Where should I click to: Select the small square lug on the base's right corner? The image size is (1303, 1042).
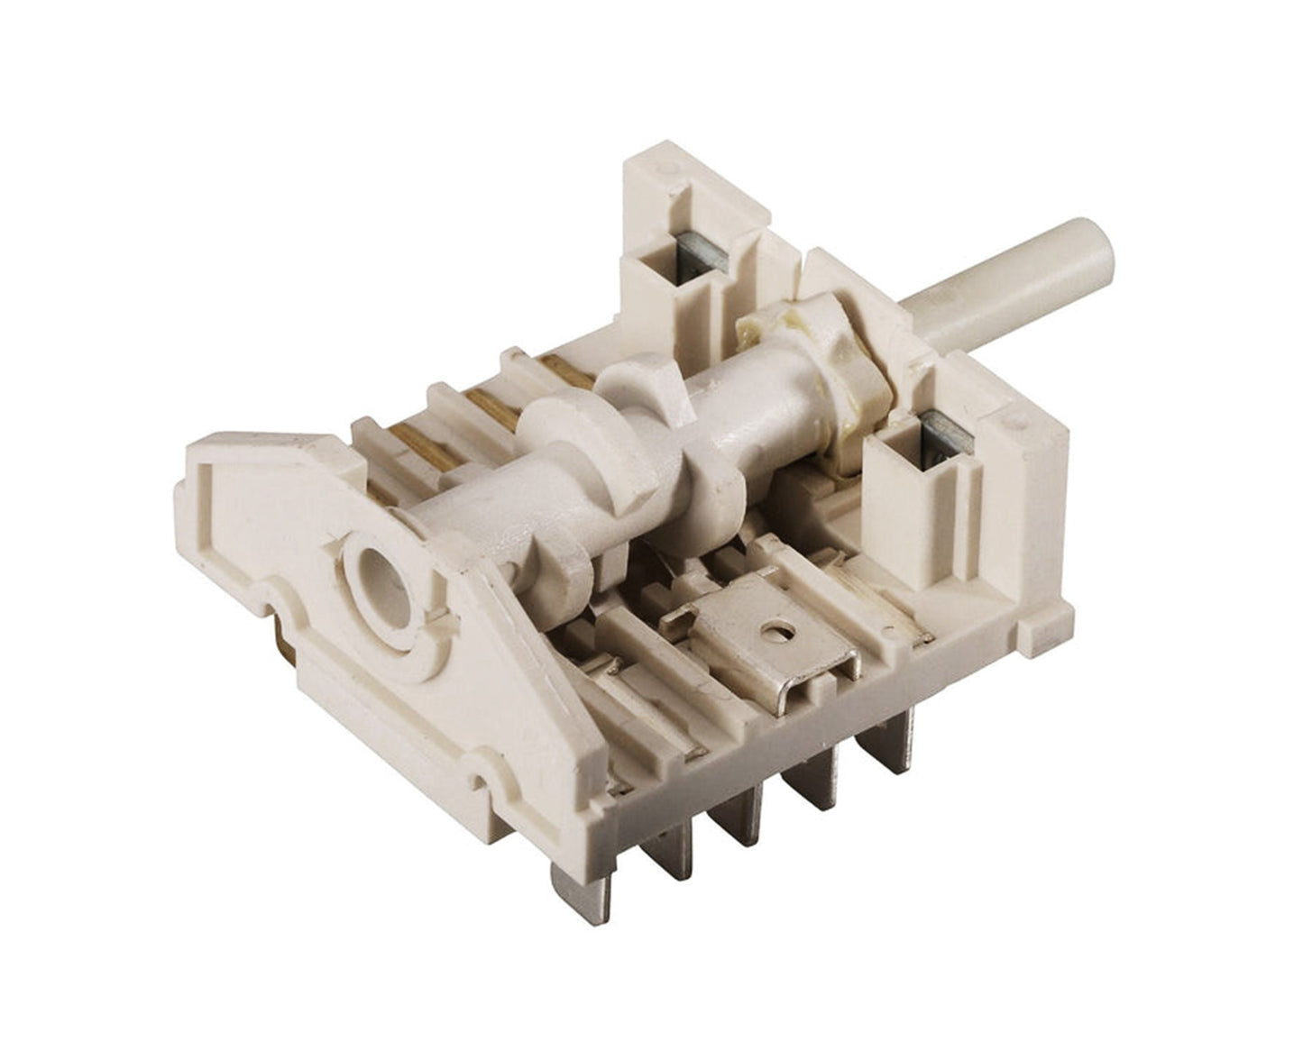tap(1051, 626)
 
